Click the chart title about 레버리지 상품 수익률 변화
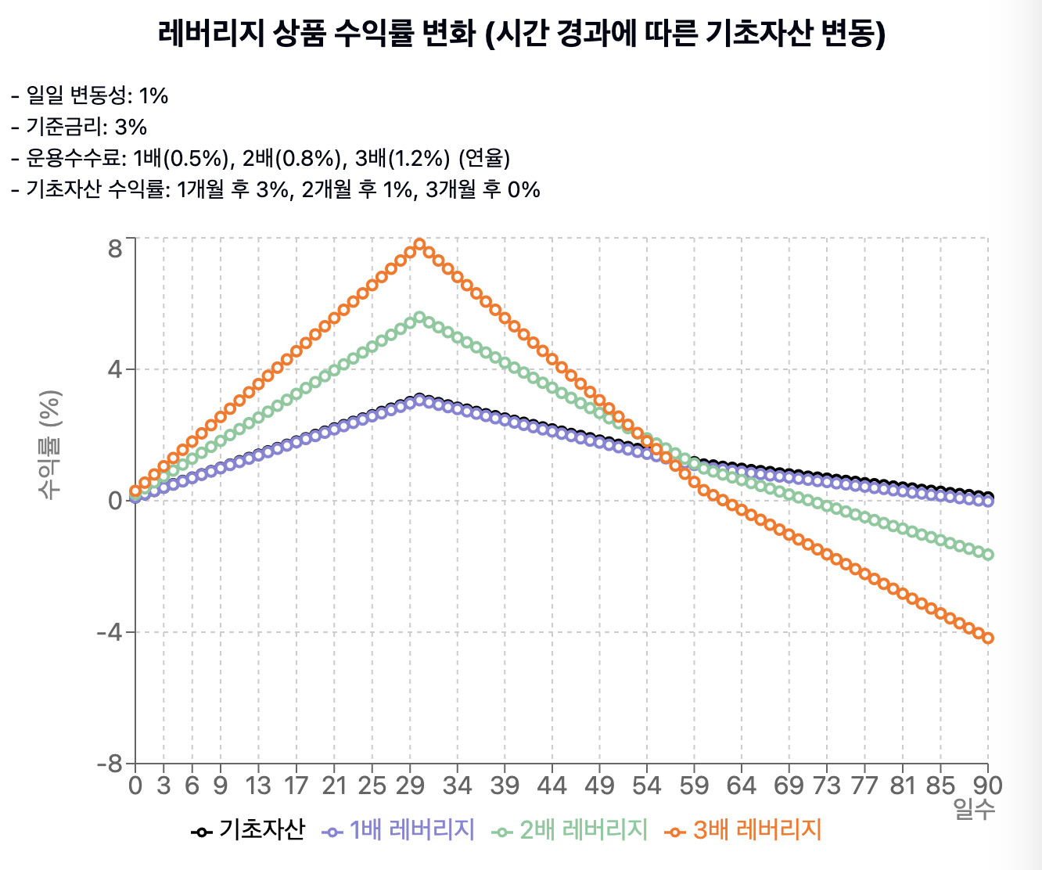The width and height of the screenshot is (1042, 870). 521,34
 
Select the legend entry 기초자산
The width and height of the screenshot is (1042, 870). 248,830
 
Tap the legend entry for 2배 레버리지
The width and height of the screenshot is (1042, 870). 571,830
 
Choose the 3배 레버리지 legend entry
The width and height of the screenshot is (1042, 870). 744,830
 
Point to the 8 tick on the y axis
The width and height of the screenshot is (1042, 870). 115,249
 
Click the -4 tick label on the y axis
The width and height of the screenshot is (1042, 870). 110,632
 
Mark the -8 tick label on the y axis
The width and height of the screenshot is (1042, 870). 110,764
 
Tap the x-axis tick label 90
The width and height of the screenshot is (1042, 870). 987,785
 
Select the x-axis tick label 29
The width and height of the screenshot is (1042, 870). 409,785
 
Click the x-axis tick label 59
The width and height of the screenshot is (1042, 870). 693,785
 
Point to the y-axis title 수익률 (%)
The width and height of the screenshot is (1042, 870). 50,444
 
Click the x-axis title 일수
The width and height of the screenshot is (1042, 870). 974,810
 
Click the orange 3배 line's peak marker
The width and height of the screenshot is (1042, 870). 419,244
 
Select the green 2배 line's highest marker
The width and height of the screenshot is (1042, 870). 419,318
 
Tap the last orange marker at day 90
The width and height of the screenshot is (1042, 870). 988,638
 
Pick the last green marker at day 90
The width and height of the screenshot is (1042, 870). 988,555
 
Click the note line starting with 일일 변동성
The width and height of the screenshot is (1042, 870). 90,95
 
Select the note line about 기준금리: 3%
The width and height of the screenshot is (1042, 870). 79,127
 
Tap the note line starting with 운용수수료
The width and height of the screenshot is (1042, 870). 260,158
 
